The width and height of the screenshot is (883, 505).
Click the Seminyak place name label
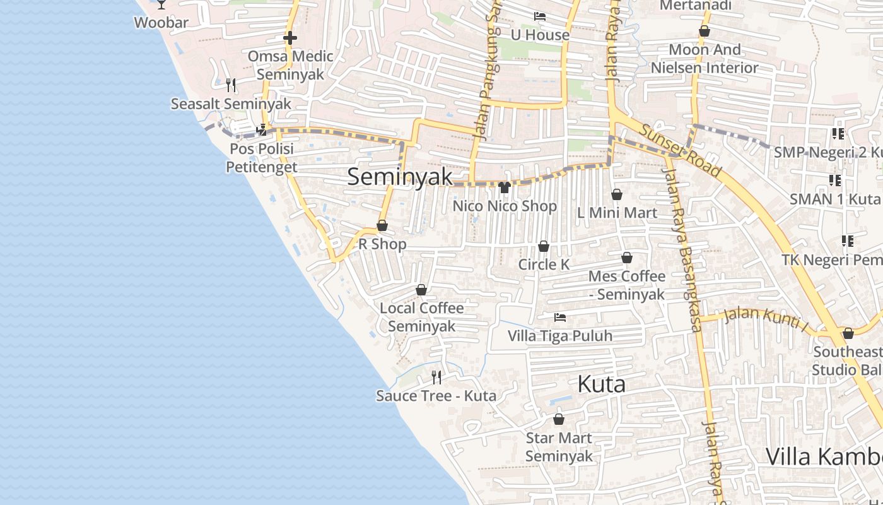400,177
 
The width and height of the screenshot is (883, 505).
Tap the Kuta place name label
602,384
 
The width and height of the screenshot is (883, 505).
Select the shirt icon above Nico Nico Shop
504,187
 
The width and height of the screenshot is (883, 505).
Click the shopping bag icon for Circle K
544,246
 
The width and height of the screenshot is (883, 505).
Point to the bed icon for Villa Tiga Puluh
559,317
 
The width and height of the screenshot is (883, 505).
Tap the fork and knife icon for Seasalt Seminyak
231,85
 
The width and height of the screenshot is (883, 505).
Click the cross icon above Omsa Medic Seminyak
290,38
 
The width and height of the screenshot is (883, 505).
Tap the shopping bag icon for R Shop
382,225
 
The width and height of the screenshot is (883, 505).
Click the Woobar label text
161,23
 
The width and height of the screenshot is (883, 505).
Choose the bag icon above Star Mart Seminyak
558,419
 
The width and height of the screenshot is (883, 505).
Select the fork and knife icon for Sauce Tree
436,377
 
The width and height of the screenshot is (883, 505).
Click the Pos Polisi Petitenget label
261,158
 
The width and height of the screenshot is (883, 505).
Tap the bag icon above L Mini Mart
617,194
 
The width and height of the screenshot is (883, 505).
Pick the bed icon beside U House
539,16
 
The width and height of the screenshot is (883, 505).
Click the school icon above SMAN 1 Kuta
835,181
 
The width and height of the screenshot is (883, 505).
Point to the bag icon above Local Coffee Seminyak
421,290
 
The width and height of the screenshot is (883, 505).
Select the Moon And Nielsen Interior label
705,58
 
